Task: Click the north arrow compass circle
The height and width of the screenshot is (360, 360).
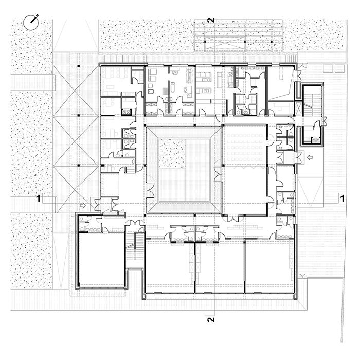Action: pyautogui.click(x=31, y=23)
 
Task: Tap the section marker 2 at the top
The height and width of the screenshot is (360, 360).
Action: pyautogui.click(x=211, y=20)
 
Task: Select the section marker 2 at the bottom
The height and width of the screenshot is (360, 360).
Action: pyautogui.click(x=211, y=319)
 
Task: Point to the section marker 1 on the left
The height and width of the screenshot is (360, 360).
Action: pyautogui.click(x=39, y=199)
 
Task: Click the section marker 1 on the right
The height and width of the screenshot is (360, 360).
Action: pyautogui.click(x=342, y=199)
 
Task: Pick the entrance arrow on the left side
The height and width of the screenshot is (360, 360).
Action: pyautogui.click(x=83, y=205)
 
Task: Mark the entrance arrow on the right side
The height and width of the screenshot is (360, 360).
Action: pyautogui.click(x=310, y=157)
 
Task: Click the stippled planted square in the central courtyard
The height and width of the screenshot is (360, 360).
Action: pyautogui.click(x=172, y=153)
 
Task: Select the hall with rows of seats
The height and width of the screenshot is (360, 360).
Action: pyautogui.click(x=245, y=145)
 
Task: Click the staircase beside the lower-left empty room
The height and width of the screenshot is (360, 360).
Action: pyautogui.click(x=135, y=246)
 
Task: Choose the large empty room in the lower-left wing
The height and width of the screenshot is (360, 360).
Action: pyautogui.click(x=102, y=259)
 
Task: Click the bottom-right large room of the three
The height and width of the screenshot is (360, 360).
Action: pyautogui.click(x=268, y=266)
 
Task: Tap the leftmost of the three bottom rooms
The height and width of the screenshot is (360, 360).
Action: pyautogui.click(x=169, y=266)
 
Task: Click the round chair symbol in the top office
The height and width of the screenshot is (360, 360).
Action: pyautogui.click(x=174, y=73)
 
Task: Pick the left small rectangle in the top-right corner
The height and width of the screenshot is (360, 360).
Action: pyautogui.click(x=328, y=68)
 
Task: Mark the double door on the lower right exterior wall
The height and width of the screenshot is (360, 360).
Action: pyautogui.click(x=302, y=276)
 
